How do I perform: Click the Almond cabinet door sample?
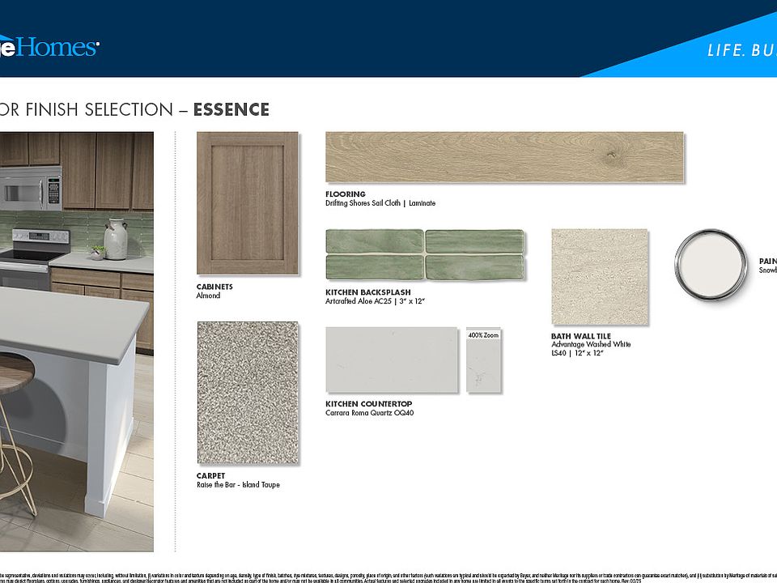coord(247,202)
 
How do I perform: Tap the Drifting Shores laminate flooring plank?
coord(503,157)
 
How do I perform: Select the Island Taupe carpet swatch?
coord(247,393)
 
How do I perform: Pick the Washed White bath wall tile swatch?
coord(599,277)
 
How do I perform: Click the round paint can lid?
coord(711,264)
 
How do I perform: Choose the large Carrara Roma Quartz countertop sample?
coord(392,360)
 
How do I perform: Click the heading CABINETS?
coord(214,287)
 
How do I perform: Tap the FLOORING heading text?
coord(346,194)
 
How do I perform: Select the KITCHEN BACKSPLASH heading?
coord(367,292)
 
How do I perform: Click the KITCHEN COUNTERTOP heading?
coord(368,404)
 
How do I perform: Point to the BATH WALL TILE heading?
coord(580,336)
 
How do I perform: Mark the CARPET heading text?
coord(210,476)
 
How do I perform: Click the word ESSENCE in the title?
coord(231,110)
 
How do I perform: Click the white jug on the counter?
coord(116,240)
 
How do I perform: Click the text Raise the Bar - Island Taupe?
coord(238,485)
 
